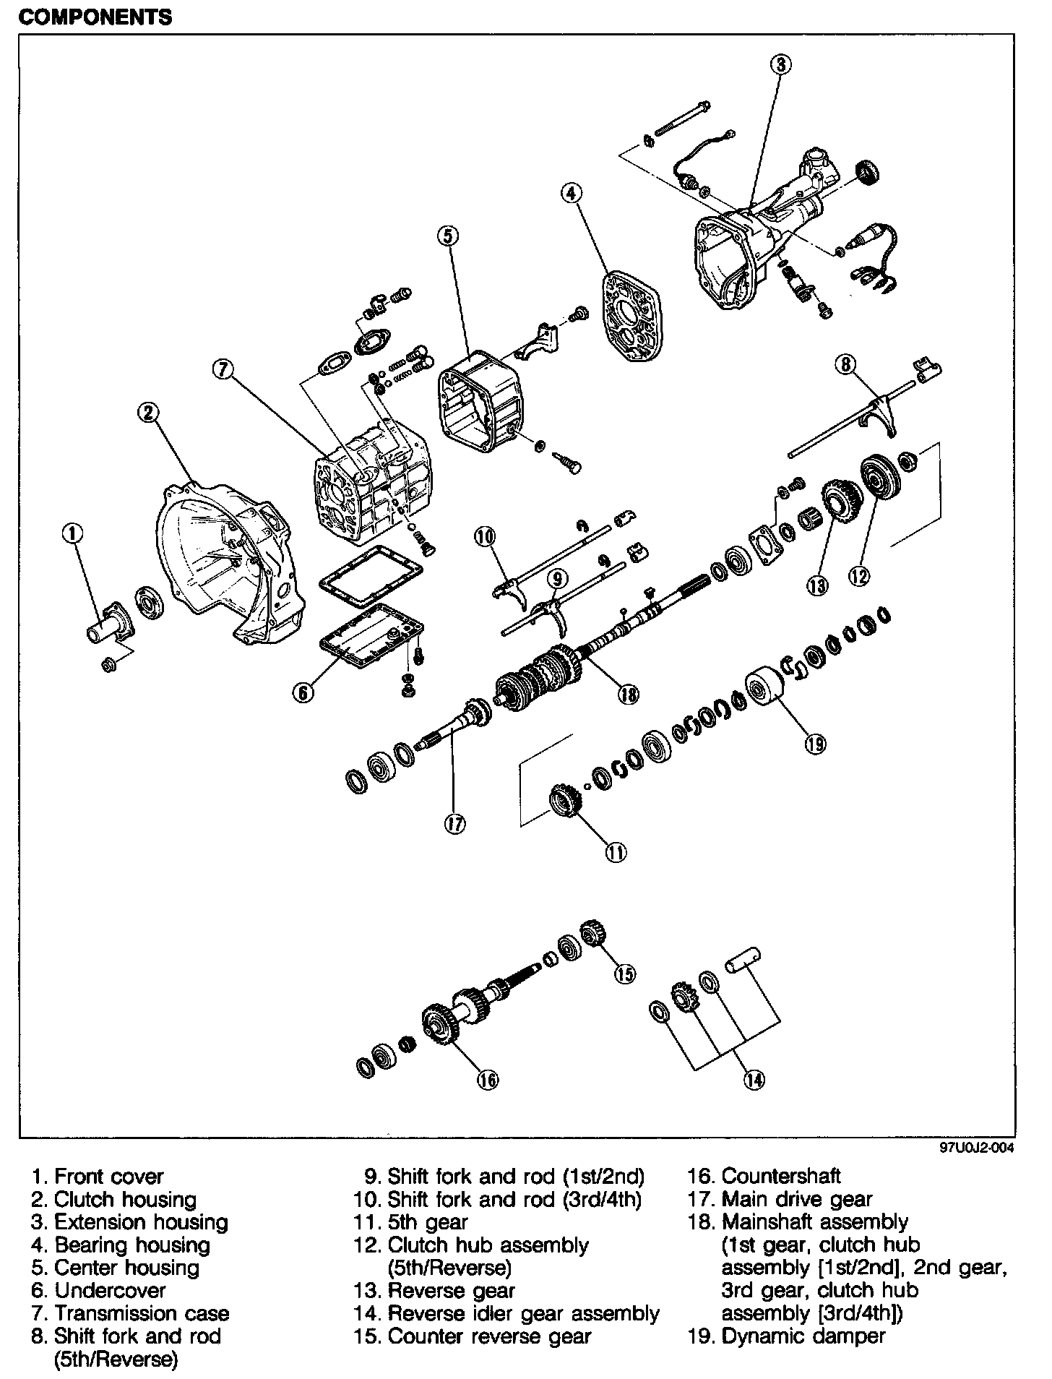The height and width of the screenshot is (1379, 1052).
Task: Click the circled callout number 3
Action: [x=780, y=65]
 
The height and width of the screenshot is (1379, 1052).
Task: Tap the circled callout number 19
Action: [x=816, y=743]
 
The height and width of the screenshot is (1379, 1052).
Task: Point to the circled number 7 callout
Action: [x=223, y=370]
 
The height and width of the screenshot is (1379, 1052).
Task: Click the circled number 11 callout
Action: [x=616, y=853]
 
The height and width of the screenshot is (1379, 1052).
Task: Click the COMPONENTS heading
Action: [x=95, y=17]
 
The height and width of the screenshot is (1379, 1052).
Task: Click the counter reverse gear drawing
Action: [x=595, y=935]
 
